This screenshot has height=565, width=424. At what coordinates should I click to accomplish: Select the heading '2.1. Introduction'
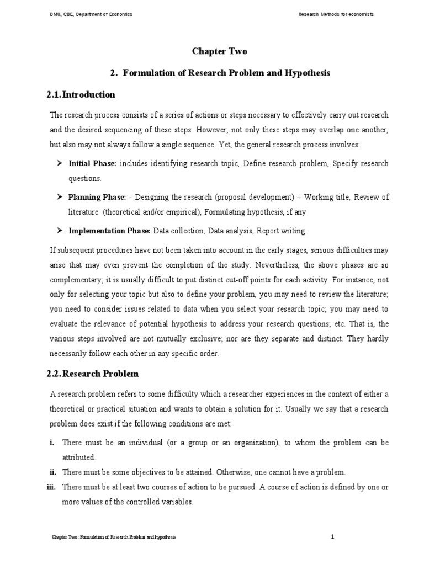pos(81,94)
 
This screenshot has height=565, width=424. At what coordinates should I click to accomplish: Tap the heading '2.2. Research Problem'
pos(93,374)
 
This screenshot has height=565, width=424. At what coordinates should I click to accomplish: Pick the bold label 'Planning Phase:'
pos(97,197)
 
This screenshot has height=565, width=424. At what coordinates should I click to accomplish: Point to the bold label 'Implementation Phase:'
pos(110,230)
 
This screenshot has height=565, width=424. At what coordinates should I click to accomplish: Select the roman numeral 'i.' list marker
pos(52,443)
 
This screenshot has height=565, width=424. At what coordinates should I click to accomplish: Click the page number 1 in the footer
pos(333,536)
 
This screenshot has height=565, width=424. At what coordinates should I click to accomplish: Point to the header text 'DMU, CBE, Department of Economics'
pos(91,14)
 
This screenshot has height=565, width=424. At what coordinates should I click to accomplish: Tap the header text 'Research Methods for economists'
pos(336,14)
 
